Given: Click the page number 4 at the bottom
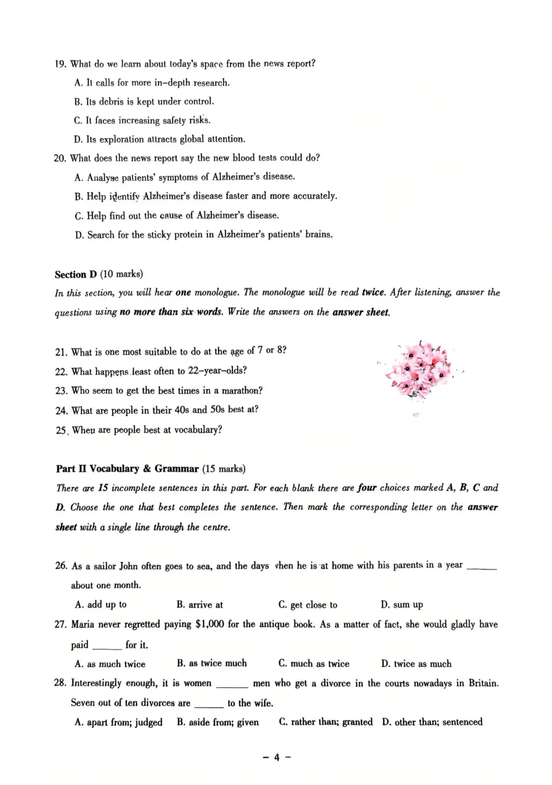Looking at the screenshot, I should point(277,757).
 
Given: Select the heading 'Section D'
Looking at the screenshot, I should point(76,274).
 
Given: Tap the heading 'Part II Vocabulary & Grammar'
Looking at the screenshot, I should point(127,468).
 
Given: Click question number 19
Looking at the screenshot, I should point(60,64).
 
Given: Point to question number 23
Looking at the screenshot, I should point(61,391).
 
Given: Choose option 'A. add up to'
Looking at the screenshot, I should point(101,604).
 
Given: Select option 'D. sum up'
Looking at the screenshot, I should point(402,604).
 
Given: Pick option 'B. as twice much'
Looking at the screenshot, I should point(212,663).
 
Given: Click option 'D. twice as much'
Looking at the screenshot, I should point(416,664).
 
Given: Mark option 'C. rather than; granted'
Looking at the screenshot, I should point(326,722).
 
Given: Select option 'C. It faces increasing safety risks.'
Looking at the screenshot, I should point(142,121).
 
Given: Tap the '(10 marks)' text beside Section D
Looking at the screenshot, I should point(122,274).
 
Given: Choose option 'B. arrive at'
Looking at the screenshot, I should point(199,604).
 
